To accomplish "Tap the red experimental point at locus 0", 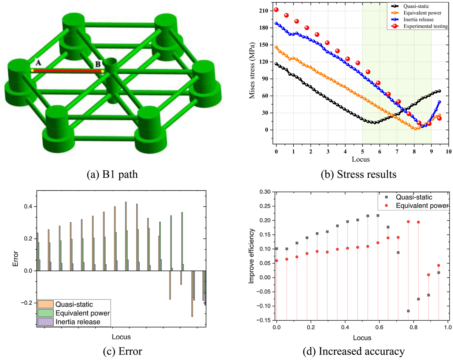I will pos(276,10).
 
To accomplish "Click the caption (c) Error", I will pos(122,351).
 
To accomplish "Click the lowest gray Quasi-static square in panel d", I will pos(408,311).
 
